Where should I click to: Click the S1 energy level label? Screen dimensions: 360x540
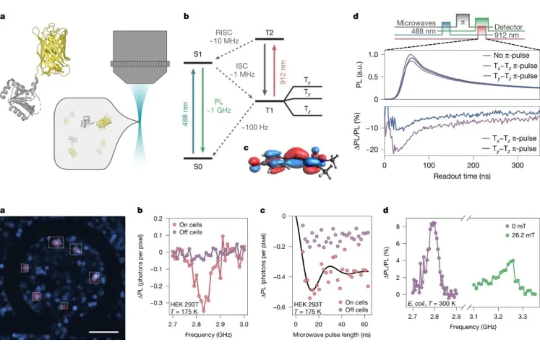click(198, 54)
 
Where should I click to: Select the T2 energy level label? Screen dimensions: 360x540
click(269, 33)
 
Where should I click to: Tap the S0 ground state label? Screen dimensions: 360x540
click(198, 167)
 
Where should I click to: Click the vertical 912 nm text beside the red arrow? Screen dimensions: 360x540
click(283, 72)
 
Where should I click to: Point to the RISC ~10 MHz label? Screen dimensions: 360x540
click(224, 37)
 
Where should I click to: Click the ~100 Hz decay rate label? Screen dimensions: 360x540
click(255, 127)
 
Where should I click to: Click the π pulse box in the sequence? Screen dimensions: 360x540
click(463, 22)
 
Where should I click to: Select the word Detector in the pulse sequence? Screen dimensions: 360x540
click(508, 27)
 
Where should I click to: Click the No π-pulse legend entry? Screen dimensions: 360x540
click(511, 55)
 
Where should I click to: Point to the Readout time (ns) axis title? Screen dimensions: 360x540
click(462, 176)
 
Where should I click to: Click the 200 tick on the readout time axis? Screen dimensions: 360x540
click(473, 165)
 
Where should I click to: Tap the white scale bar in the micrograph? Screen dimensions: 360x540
click(103, 332)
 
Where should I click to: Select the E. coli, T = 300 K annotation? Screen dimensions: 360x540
click(431, 304)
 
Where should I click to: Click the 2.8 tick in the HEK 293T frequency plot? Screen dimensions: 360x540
click(196, 324)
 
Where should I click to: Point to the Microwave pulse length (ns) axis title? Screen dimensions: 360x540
click(332, 335)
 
